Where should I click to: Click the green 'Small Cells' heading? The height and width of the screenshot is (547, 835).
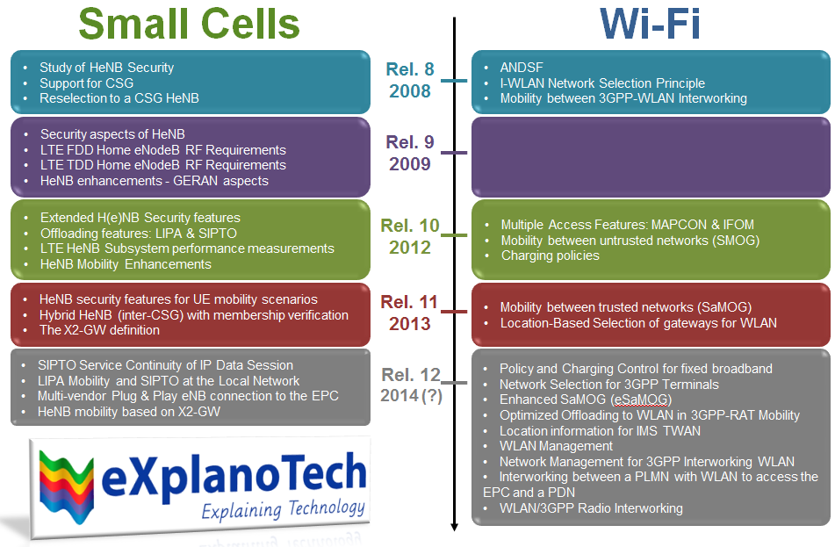(189, 24)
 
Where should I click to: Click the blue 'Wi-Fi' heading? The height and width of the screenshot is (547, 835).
(651, 24)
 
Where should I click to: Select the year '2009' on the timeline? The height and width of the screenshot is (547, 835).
(409, 164)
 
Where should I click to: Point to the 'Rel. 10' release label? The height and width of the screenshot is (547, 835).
(410, 226)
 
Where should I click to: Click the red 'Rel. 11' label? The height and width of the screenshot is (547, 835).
(409, 302)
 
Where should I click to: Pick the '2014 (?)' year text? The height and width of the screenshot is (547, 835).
(410, 395)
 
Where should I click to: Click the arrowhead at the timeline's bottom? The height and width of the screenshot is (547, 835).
(455, 526)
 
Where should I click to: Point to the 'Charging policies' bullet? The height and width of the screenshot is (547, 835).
(550, 256)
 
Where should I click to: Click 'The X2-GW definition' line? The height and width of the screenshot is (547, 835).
(99, 330)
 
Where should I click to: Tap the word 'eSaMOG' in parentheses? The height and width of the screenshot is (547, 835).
(641, 399)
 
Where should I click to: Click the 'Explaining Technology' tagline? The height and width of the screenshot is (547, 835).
(283, 508)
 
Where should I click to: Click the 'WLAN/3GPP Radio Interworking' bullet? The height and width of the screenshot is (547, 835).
(591, 508)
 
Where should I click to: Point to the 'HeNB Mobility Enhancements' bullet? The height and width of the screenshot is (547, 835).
(126, 263)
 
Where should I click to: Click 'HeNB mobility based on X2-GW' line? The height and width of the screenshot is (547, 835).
(129, 411)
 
